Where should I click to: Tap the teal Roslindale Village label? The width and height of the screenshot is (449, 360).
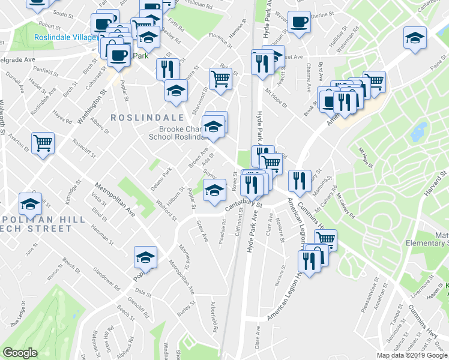pyautogui.click(x=65, y=37)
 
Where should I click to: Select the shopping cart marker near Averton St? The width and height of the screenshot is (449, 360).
pyautogui.click(x=43, y=143)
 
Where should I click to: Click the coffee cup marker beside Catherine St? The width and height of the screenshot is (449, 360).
pyautogui.click(x=299, y=23)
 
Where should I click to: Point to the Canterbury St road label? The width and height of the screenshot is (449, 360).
pyautogui.click(x=244, y=205)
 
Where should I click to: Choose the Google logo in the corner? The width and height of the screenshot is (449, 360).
pyautogui.click(x=20, y=353)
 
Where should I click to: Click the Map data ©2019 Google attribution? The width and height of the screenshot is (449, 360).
pyautogui.click(x=412, y=355)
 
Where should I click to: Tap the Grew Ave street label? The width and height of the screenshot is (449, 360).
pyautogui.click(x=202, y=231)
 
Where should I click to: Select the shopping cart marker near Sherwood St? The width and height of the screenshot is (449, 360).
pyautogui.click(x=221, y=78)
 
